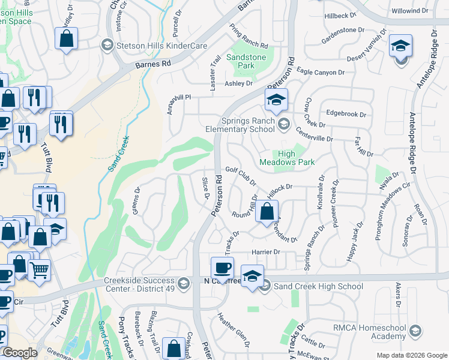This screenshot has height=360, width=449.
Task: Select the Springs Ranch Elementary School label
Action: coord(247,125)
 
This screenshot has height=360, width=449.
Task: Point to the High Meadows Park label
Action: coord(287,157)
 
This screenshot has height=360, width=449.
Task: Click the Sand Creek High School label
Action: coord(318,286)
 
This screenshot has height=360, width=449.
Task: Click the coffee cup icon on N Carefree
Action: coord(222,267)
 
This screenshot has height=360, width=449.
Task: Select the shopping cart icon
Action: coord(39,270)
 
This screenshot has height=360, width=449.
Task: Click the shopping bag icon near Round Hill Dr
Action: coord(267,212)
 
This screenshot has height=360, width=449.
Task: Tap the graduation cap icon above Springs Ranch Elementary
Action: coord(276,100)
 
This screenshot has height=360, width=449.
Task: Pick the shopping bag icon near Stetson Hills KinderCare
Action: coord(67,38)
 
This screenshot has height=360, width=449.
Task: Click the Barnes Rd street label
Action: coord(153,62)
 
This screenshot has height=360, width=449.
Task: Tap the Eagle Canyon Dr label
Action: coord(321,72)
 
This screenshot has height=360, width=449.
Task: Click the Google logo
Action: coord(20,352)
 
